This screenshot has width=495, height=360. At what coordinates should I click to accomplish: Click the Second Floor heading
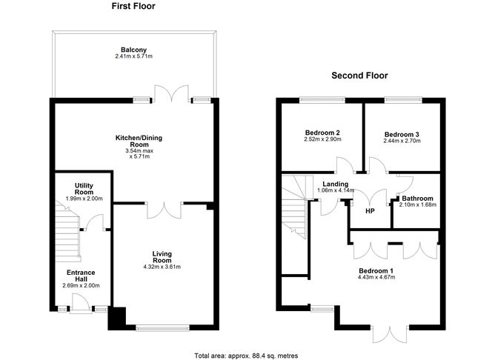359,76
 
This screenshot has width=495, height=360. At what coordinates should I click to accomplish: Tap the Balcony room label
133,50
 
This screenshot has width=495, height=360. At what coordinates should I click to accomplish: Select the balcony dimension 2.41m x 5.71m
133,57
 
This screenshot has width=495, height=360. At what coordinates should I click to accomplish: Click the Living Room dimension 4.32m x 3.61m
162,267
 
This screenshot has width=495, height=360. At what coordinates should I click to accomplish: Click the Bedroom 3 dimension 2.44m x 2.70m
402,141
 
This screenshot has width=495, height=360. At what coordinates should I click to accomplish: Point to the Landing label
335,184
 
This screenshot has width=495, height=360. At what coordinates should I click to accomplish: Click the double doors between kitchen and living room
162,211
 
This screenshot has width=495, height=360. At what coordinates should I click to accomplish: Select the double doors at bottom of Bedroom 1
390,334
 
